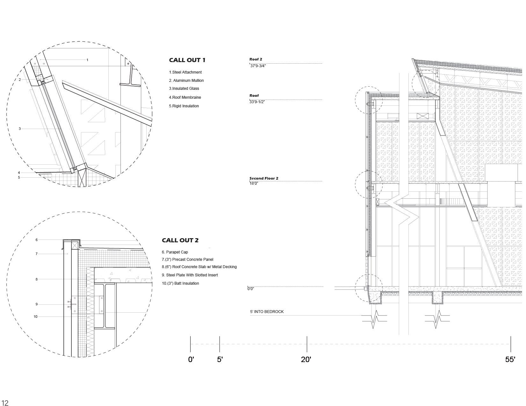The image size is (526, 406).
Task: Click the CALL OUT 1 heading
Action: point(187,60)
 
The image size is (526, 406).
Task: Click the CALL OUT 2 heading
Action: point(180,240)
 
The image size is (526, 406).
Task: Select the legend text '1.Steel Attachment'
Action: point(185,72)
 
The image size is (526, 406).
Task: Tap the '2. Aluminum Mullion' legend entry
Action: point(186,81)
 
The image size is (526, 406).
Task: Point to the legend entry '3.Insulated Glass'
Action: point(184,89)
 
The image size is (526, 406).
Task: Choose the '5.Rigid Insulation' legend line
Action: point(184,106)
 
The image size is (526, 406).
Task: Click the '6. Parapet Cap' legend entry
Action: point(175,252)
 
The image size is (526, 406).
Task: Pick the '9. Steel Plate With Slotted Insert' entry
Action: point(190,275)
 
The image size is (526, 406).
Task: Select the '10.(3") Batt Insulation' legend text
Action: point(180,283)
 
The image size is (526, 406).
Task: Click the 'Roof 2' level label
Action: point(256,59)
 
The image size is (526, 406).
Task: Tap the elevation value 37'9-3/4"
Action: point(258,66)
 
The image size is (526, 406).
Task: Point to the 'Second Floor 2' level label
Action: point(264,178)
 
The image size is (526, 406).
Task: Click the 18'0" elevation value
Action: point(254,183)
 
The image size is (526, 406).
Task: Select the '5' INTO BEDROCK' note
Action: point(267,312)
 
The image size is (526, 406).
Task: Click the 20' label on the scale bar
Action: point(306,360)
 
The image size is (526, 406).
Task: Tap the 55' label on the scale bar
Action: point(510,360)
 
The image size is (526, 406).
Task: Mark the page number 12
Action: point(5,403)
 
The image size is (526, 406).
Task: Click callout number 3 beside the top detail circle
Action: point(20,129)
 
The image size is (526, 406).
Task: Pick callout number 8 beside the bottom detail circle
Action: point(37,280)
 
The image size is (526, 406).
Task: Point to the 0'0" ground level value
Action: point(251,289)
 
